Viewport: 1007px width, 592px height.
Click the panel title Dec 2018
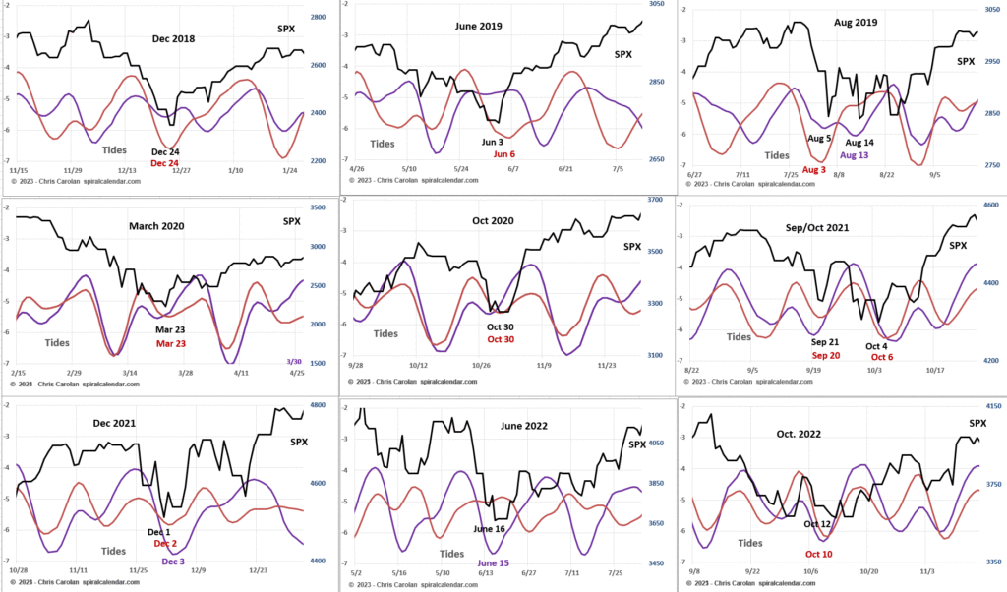[x=173, y=39]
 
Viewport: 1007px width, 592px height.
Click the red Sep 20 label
[x=824, y=355]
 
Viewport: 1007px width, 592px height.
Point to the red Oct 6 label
[x=882, y=357]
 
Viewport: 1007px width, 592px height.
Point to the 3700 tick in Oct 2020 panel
[x=655, y=200]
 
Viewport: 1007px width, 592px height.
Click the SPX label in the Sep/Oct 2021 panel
[x=958, y=244]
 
